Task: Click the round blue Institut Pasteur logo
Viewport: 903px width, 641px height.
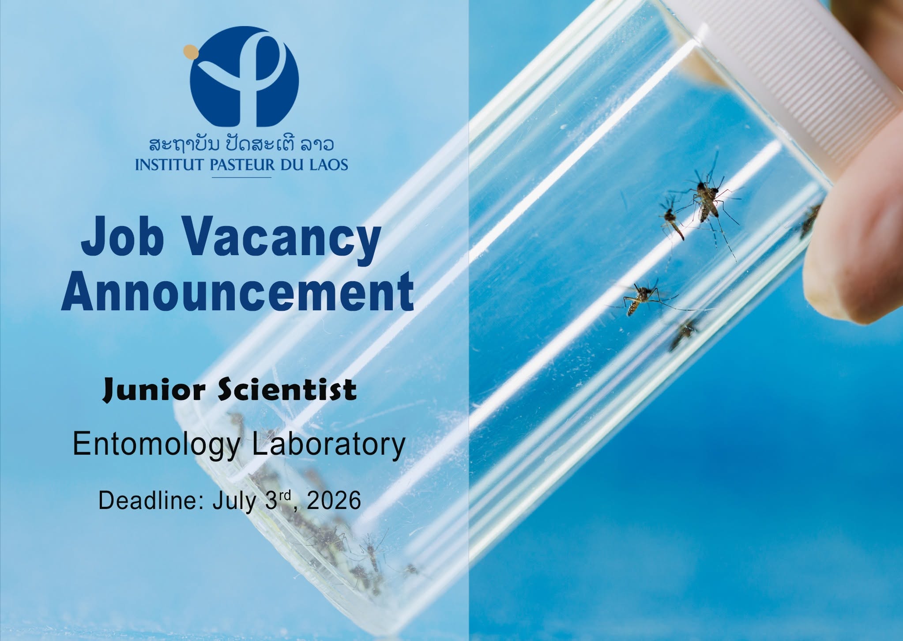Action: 244,76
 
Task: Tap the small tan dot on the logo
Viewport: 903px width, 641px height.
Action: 190,52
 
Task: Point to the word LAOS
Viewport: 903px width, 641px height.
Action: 328,165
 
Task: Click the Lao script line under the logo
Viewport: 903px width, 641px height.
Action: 241,144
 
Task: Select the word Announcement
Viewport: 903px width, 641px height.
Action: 237,292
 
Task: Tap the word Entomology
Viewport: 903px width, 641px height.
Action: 157,445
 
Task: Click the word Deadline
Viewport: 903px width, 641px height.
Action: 150,501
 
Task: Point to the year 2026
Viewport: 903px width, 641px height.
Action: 334,501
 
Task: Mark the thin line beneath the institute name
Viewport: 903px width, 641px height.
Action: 242,177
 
